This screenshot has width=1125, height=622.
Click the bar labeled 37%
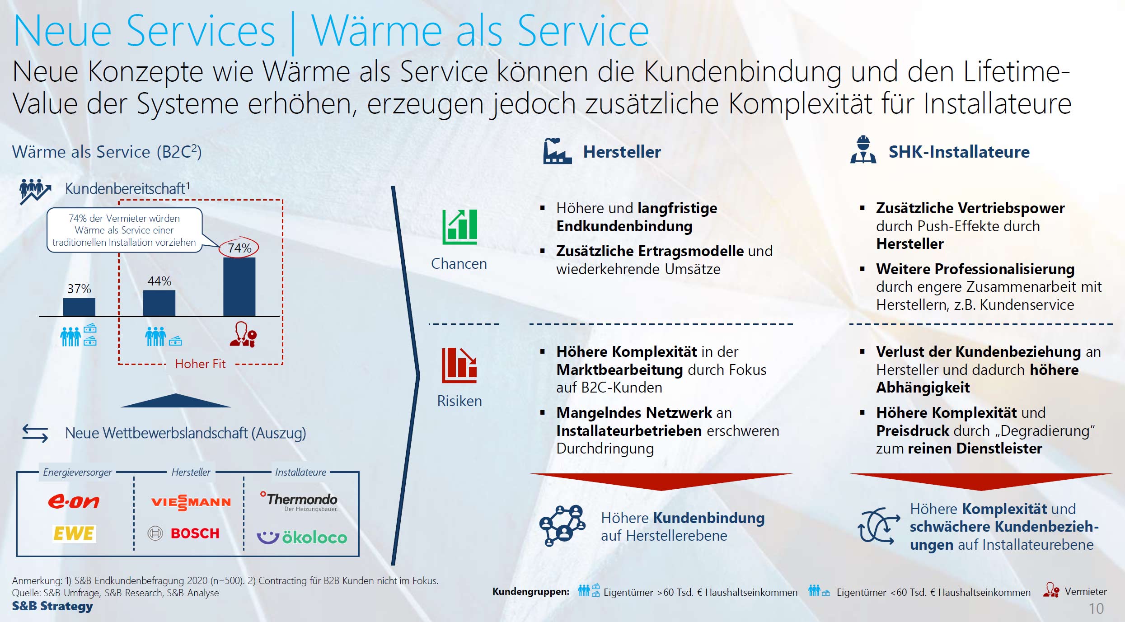(79, 307)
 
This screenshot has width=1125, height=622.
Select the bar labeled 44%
(159, 303)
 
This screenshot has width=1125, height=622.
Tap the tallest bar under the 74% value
(239, 286)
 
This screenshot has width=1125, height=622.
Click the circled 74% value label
(239, 248)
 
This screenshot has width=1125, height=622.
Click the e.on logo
(74, 501)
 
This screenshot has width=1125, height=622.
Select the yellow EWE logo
(74, 533)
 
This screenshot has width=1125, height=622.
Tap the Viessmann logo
(191, 502)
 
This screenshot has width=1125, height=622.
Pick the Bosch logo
(184, 533)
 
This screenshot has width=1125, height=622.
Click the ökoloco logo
(302, 537)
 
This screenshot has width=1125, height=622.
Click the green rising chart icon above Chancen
(459, 227)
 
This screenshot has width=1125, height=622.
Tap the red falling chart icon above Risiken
(459, 365)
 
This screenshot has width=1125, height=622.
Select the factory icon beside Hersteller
(557, 151)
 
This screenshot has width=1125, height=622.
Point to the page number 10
(1096, 608)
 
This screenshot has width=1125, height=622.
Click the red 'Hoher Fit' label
(200, 364)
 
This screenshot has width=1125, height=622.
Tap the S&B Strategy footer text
(52, 606)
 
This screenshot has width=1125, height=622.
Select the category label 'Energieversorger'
(77, 472)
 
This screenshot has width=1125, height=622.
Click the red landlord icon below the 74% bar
(243, 334)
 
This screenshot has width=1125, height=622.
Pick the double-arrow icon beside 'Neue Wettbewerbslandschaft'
(35, 433)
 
